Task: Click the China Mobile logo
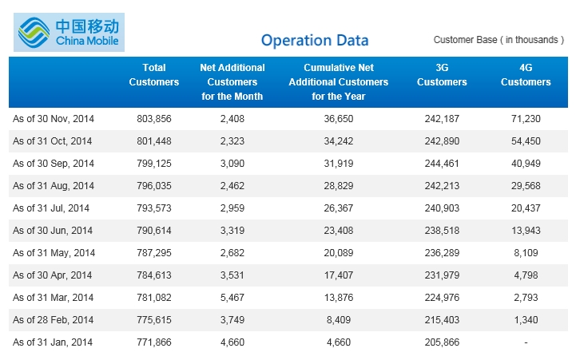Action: (x=69, y=32)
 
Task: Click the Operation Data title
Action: (x=315, y=41)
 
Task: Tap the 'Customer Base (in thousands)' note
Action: (x=499, y=40)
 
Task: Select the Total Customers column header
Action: (x=154, y=74)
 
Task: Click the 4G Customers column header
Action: (x=526, y=74)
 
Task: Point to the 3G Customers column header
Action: (x=442, y=74)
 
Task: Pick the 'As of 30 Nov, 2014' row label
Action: (x=54, y=119)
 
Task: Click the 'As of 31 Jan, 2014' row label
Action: (x=53, y=342)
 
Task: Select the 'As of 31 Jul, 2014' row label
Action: (x=51, y=208)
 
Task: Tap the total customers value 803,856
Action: (x=154, y=119)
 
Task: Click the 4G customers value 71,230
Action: (x=526, y=119)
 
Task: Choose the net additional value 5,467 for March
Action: (x=232, y=298)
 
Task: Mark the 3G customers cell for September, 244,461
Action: (x=442, y=164)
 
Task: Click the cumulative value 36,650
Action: (x=338, y=119)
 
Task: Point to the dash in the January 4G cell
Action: (x=526, y=342)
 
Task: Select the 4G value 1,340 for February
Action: (x=526, y=320)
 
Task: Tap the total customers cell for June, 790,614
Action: (x=154, y=231)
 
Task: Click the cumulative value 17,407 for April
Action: (x=338, y=275)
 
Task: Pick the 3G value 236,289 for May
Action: (x=442, y=253)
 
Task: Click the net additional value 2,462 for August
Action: (x=232, y=186)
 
